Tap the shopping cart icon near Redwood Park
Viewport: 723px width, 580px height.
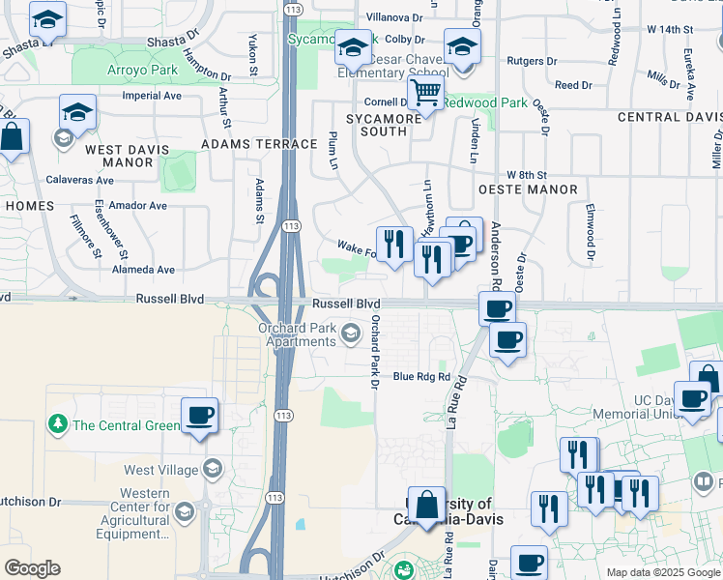tap(425, 94)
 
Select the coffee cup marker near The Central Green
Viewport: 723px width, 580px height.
tap(200, 417)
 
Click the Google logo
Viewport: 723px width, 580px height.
tap(32, 568)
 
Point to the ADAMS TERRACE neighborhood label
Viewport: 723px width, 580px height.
tap(259, 144)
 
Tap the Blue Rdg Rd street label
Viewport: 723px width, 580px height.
tap(421, 377)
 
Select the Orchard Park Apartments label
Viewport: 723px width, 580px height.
tap(297, 334)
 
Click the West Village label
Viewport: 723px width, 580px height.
tap(153, 471)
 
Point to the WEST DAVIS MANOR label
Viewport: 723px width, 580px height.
tap(127, 157)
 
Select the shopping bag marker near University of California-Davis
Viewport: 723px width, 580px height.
tap(426, 506)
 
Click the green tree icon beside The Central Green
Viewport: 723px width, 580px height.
tap(58, 424)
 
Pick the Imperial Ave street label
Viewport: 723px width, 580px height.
tap(152, 96)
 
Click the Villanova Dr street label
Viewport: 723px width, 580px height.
tap(394, 17)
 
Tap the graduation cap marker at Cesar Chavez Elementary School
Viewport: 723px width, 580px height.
tap(354, 48)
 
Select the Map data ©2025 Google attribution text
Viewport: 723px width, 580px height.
tap(663, 572)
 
